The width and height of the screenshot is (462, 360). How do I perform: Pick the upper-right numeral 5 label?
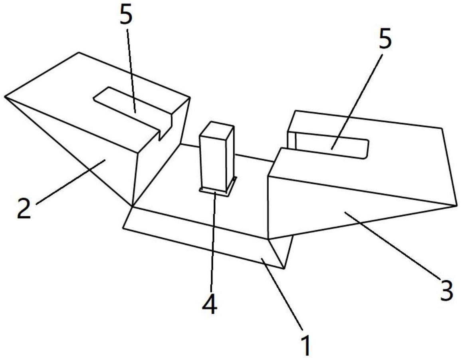point(385,38)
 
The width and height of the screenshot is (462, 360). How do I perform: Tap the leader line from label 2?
point(71,181)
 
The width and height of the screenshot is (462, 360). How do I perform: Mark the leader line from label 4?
point(213,241)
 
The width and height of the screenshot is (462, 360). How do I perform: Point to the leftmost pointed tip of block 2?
point(5,96)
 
